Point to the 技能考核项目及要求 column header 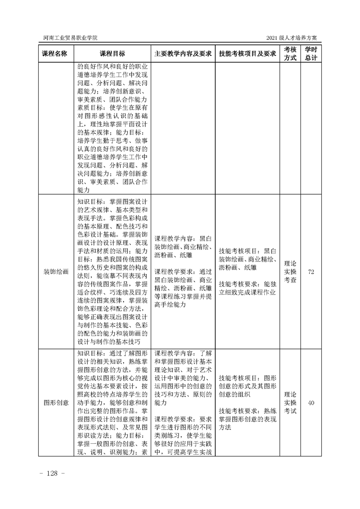coord(247,54)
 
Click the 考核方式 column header coord(290,54)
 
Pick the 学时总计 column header coord(311,54)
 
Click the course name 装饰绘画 coord(56,272)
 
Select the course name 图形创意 coord(56,402)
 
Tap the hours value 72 coord(311,272)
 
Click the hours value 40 coord(311,402)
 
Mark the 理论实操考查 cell coord(290,272)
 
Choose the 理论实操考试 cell coord(290,402)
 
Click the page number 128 coord(53,474)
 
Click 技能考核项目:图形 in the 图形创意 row coord(247,377)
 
